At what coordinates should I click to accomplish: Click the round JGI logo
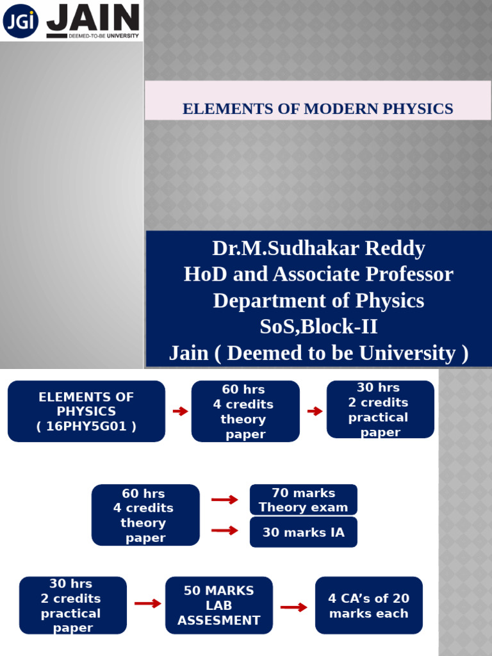click(20, 20)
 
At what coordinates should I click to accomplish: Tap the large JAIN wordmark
click(93, 17)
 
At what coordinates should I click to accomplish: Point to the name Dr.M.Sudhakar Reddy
click(319, 248)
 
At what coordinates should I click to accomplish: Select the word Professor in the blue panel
click(409, 274)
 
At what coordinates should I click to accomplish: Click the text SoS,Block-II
click(319, 326)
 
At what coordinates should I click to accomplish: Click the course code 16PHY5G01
click(86, 426)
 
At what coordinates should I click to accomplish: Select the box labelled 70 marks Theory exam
click(303, 500)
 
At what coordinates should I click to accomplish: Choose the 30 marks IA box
click(303, 532)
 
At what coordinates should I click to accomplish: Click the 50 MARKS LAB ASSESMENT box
click(219, 605)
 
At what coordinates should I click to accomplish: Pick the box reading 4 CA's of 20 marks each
click(368, 605)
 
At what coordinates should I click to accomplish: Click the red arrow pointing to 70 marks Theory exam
click(225, 500)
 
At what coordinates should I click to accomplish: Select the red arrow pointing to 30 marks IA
click(225, 531)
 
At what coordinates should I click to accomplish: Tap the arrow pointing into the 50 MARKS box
click(148, 603)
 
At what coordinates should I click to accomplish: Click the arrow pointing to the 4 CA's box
click(293, 607)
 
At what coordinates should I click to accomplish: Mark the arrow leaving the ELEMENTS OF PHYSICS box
click(180, 411)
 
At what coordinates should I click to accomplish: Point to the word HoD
click(205, 274)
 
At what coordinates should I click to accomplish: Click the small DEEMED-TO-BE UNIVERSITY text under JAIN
click(104, 36)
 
